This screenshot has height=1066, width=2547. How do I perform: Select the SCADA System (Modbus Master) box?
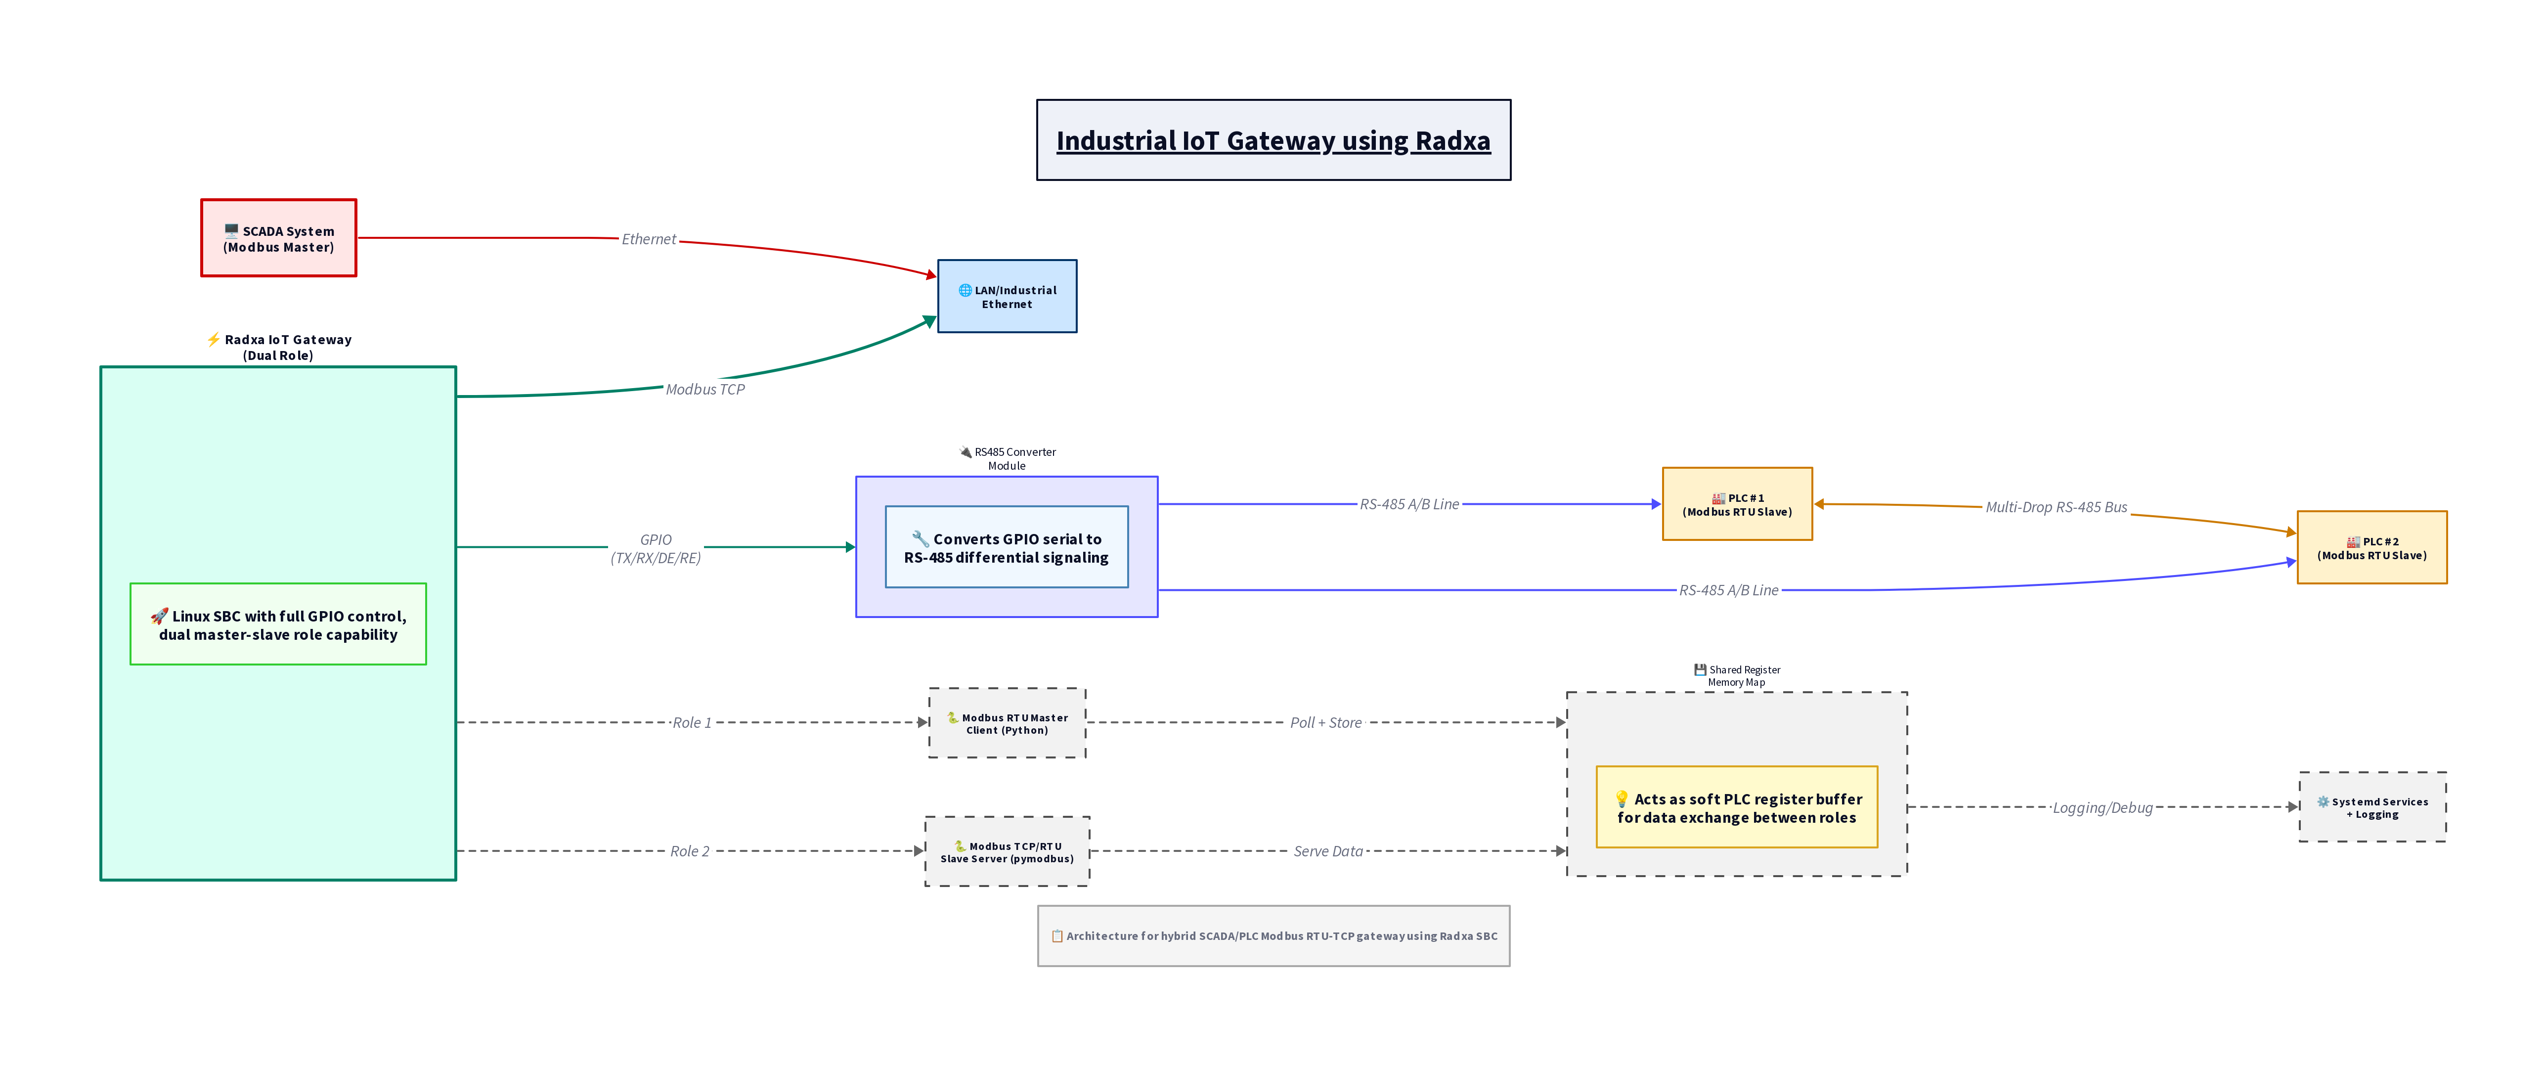click(279, 238)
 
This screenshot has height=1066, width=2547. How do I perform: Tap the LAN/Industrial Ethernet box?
click(1007, 297)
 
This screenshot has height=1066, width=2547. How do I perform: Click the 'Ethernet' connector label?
click(649, 239)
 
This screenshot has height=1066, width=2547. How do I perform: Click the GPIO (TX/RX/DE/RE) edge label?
click(656, 549)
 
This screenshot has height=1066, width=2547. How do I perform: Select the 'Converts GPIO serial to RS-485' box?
click(1007, 548)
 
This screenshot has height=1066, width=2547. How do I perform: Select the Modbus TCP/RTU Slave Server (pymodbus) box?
click(1007, 852)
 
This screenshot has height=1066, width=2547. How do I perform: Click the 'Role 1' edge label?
click(691, 723)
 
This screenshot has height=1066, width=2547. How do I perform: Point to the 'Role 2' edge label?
click(689, 851)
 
